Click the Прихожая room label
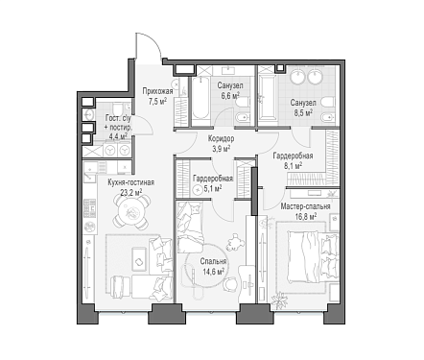tap(157, 91)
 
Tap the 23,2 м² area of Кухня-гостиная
tap(131, 192)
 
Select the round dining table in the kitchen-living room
tap(131, 211)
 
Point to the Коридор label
tap(221, 138)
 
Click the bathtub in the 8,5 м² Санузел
tap(267, 98)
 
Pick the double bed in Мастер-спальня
tap(313, 257)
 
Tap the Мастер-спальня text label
tap(305, 206)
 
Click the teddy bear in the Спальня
tap(234, 242)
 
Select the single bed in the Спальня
tap(190, 228)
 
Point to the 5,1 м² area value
tap(213, 189)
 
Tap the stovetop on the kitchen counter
tap(89, 208)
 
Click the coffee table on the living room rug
tap(139, 261)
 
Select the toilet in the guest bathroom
tap(117, 108)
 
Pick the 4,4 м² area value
tap(118, 135)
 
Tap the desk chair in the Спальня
tap(229, 284)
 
